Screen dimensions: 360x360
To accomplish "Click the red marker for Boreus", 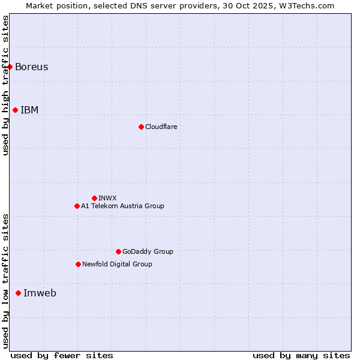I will [x=10, y=67].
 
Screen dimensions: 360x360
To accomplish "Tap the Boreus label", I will [x=32, y=67].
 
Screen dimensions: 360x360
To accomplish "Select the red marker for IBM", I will [x=16, y=110].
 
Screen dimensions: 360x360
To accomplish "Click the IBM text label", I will [x=29, y=110].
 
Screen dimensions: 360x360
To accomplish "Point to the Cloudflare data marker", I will [x=141, y=127].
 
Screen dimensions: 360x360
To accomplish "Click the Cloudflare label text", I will [x=161, y=127].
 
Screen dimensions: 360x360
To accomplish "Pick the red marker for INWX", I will [x=94, y=198].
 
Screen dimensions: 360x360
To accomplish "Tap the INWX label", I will [x=107, y=198].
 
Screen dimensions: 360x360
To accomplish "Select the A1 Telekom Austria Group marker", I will [x=77, y=206].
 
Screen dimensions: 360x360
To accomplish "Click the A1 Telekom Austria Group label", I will [x=122, y=206].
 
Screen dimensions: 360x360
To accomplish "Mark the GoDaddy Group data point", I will [x=118, y=251].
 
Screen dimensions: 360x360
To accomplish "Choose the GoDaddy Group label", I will [x=148, y=251].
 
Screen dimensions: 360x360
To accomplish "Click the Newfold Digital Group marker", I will [x=78, y=264].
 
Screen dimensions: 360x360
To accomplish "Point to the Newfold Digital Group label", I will [x=117, y=264].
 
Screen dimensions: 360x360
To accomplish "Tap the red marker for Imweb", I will [x=18, y=293].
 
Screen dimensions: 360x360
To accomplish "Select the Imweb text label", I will [x=40, y=293].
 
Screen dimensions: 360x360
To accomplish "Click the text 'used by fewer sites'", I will [x=62, y=355].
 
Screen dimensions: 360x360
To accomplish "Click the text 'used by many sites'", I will [x=301, y=355].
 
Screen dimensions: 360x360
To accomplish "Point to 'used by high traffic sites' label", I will [x=5, y=85].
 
